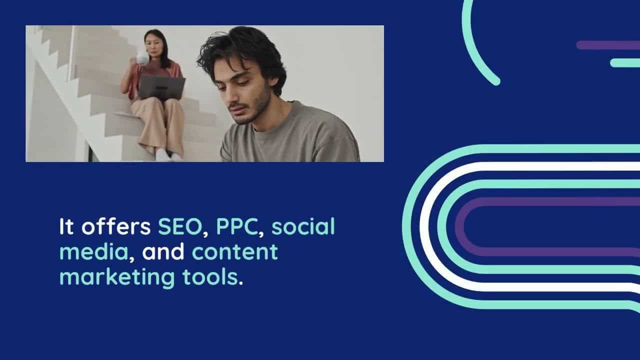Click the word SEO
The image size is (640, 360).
pyautogui.click(x=180, y=226)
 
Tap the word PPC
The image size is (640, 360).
pyautogui.click(x=237, y=226)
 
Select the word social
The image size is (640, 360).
pyautogui.click(x=303, y=226)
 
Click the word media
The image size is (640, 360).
pyautogui.click(x=93, y=251)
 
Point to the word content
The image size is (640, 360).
pyautogui.click(x=235, y=251)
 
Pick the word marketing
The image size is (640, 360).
pyautogui.click(x=117, y=277)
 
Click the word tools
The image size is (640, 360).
pyautogui.click(x=210, y=277)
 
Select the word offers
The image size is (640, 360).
pyautogui.click(x=116, y=226)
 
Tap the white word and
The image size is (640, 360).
pyautogui.click(x=163, y=251)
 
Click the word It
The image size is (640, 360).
pyautogui.click(x=66, y=226)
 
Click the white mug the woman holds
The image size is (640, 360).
pyautogui.click(x=141, y=58)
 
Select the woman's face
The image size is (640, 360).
pyautogui.click(x=153, y=45)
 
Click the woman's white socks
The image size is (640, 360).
pyautogui.click(x=168, y=155)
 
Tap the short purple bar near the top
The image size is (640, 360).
pyautogui.click(x=608, y=45)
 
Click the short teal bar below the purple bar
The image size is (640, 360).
pyautogui.click(x=625, y=63)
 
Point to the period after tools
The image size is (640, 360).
pyautogui.click(x=240, y=283)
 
